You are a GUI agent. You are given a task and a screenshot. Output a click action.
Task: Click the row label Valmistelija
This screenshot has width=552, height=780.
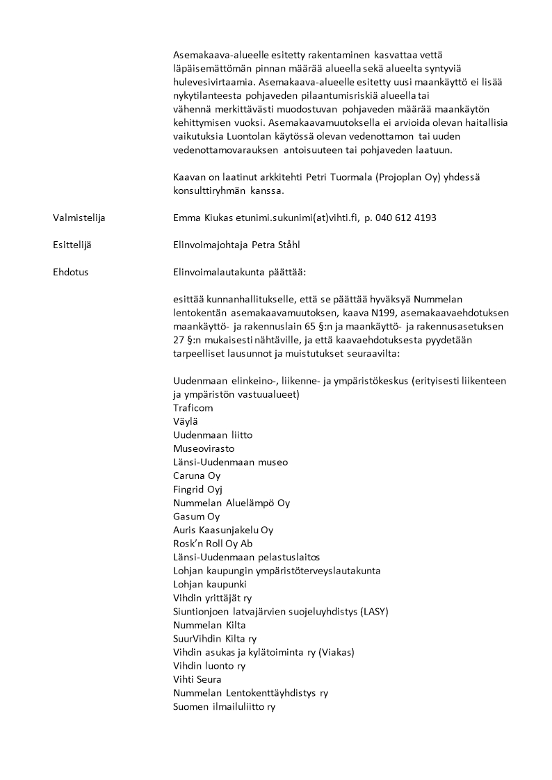pyautogui.click(x=79, y=218)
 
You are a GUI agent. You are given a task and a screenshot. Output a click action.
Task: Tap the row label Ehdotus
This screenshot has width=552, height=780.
pyautogui.click(x=70, y=272)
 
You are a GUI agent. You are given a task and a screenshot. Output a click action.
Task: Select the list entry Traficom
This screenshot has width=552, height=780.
pyautogui.click(x=193, y=408)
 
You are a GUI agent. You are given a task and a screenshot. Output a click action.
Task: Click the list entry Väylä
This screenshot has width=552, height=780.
pyautogui.click(x=185, y=421)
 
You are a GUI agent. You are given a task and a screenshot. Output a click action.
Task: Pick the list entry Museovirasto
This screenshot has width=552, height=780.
pyautogui.click(x=204, y=448)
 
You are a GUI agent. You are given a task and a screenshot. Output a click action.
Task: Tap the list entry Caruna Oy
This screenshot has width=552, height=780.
pyautogui.click(x=197, y=476)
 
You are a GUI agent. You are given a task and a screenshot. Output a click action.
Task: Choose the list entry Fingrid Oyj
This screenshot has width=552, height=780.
pyautogui.click(x=197, y=489)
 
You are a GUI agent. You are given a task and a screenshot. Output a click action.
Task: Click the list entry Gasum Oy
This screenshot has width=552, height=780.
pyautogui.click(x=196, y=517)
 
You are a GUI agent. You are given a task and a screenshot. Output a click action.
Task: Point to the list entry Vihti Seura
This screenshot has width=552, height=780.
pyautogui.click(x=197, y=679)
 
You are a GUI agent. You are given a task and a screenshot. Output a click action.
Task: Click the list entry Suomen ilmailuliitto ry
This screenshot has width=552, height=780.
pyautogui.click(x=225, y=706)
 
